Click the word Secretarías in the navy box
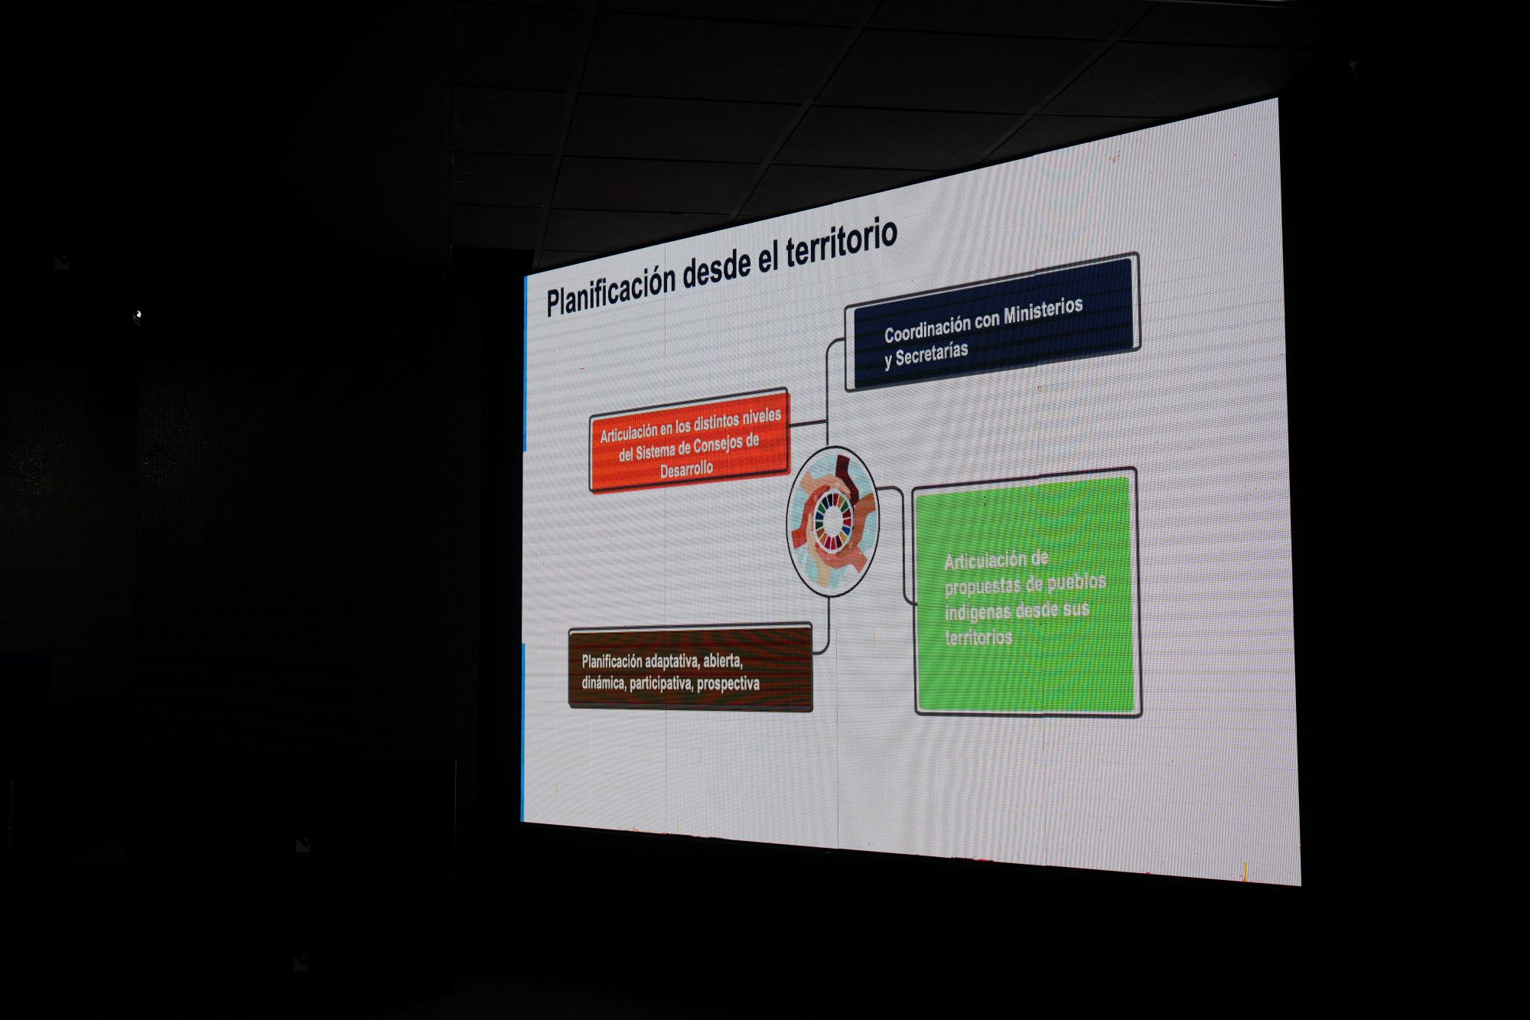[x=932, y=354]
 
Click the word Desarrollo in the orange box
[x=687, y=469]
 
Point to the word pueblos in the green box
[x=1076, y=583]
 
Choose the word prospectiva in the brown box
[x=728, y=683]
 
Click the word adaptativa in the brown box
[x=672, y=661]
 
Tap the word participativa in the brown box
[x=661, y=683]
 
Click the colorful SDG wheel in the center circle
[x=833, y=520]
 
